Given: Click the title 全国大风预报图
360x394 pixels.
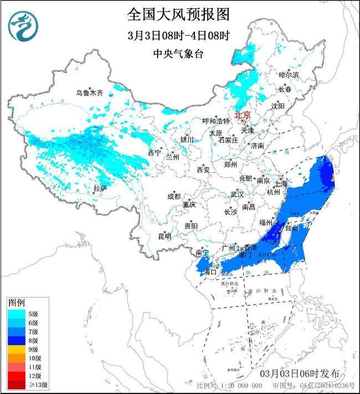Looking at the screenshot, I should pos(178,13).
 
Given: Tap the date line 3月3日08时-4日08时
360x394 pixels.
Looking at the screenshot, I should pos(178,35).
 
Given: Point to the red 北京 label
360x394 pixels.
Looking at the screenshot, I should pos(243,115).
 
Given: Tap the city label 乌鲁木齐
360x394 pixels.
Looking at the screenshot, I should pos(90,93).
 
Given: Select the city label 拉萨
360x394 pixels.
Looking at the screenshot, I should pos(100,188).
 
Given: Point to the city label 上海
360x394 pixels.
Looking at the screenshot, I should pos(280,183).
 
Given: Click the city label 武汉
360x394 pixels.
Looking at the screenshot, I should pos(237,194).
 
